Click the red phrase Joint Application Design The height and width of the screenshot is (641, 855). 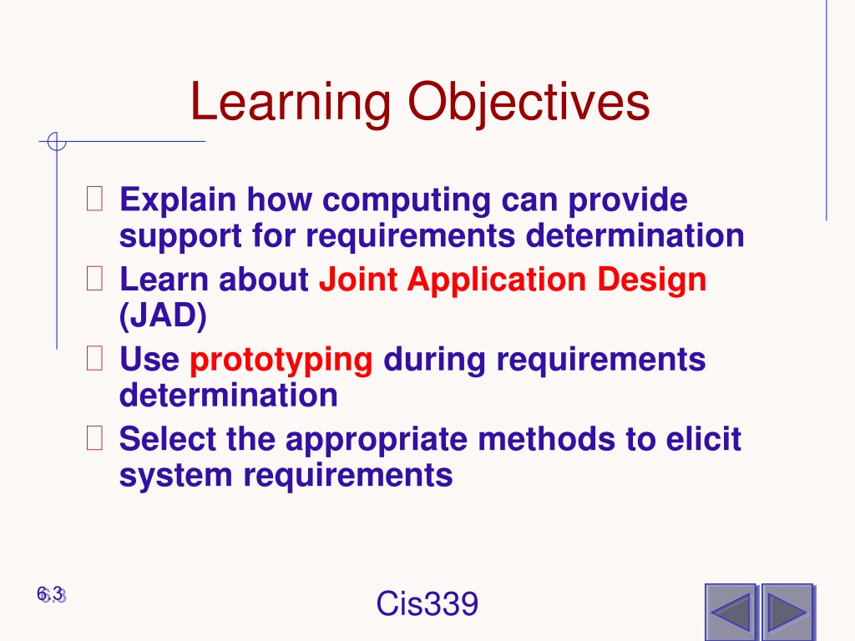513,280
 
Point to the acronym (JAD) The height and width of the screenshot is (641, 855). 163,315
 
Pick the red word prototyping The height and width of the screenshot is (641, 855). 281,361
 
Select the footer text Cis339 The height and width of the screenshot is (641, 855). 427,603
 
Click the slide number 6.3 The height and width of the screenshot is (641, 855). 51,594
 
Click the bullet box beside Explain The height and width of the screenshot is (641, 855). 95,199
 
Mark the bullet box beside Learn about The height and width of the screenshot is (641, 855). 95,278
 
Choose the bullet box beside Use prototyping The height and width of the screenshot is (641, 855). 95,358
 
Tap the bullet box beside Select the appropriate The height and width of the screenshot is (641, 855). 95,437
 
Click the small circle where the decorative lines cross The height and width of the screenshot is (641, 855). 57,141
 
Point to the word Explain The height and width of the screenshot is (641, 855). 178,200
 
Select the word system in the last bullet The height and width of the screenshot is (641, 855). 176,476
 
